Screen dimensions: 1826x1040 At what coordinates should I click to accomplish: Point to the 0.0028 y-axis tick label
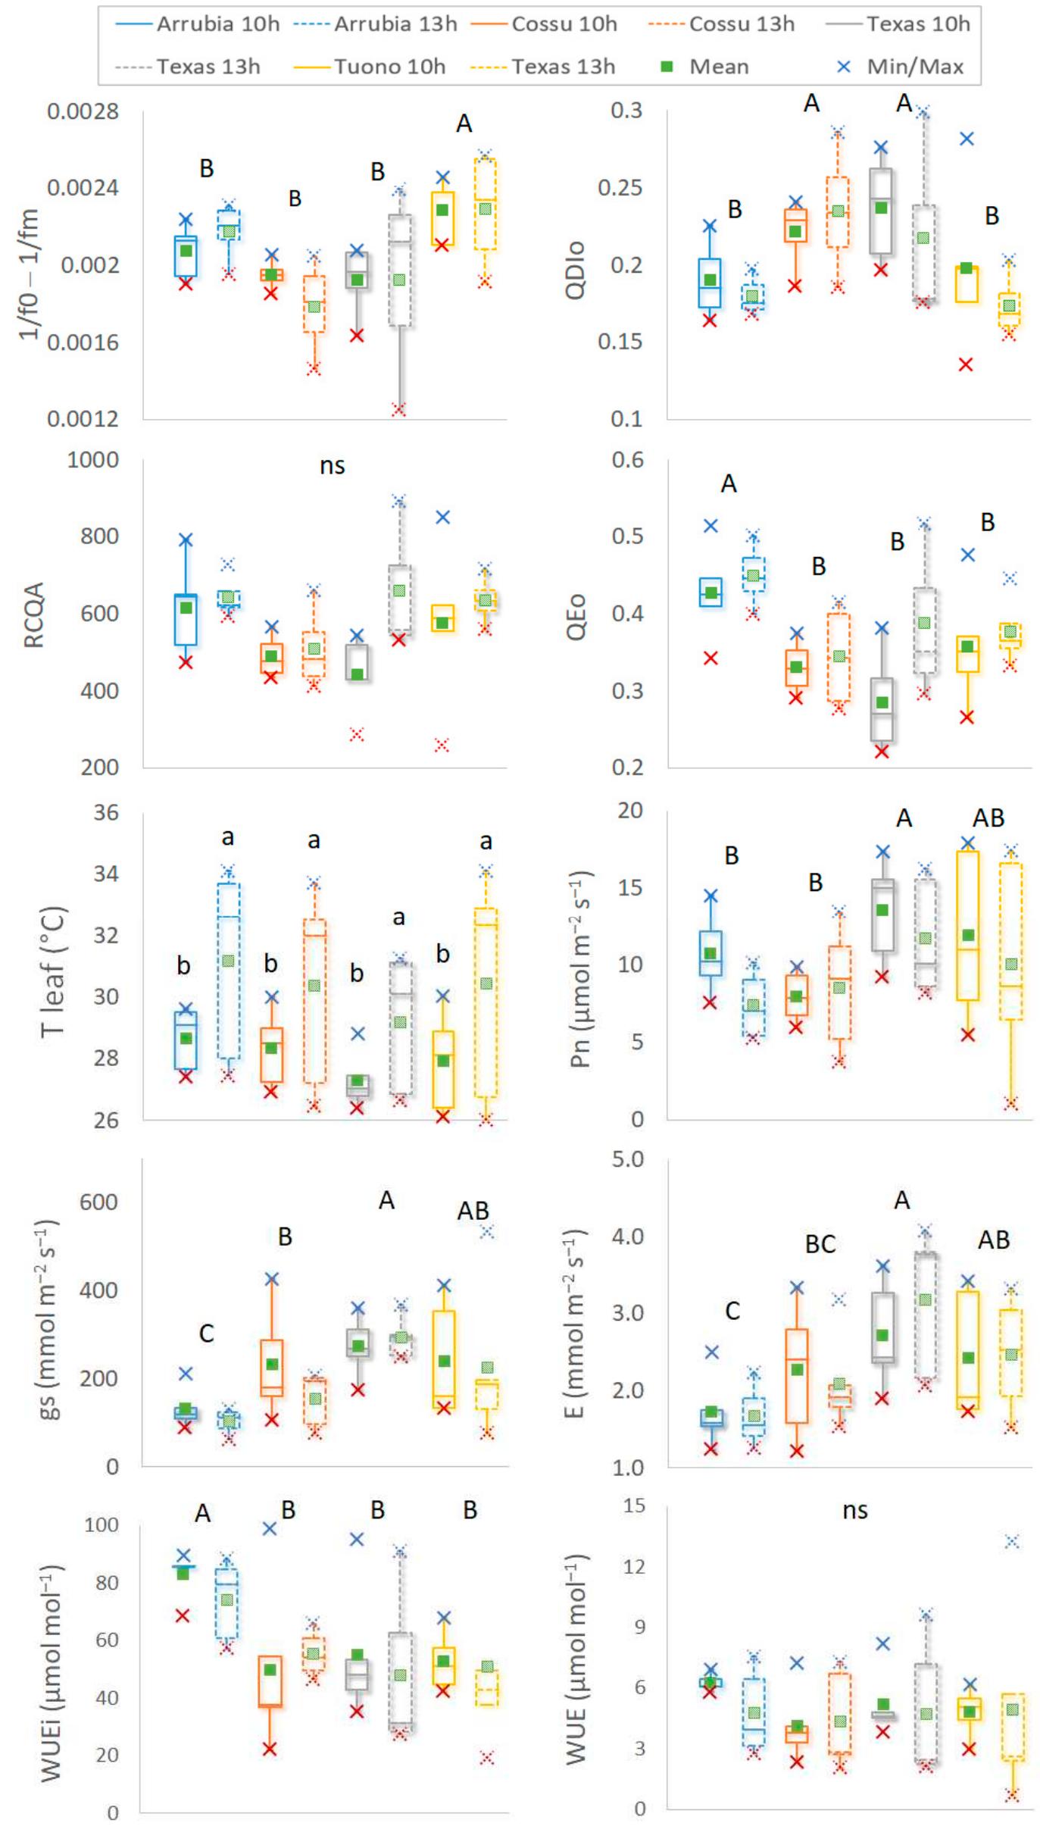pyautogui.click(x=83, y=113)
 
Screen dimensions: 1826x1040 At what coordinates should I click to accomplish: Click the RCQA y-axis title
pyautogui.click(x=35, y=615)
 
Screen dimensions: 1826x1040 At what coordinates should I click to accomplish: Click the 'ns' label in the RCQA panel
pyautogui.click(x=332, y=465)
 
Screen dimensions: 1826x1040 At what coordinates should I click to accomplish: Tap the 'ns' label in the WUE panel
pyautogui.click(x=854, y=1511)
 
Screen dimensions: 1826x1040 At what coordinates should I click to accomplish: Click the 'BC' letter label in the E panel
pyautogui.click(x=820, y=1244)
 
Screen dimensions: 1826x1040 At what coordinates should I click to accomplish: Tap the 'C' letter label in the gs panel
pyautogui.click(x=206, y=1333)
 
